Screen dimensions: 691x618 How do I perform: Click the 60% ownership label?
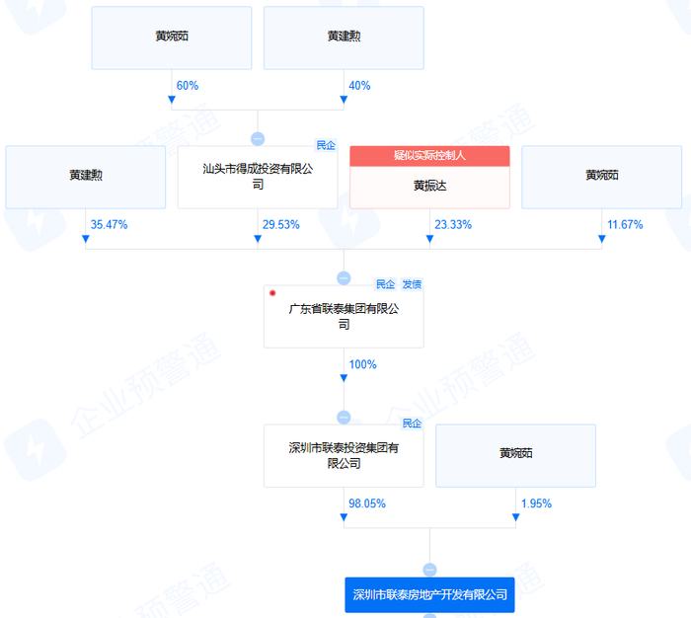188,86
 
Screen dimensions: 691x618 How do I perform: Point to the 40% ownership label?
359,86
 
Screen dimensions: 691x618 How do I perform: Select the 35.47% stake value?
109,224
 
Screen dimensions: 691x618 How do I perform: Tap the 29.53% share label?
280,224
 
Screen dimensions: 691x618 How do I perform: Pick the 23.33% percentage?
452,224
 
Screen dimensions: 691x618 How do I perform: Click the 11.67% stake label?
624,224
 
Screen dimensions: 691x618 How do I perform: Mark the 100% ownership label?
362,364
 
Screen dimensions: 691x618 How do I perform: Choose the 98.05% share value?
366,503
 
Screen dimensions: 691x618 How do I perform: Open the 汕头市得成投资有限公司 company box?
258,177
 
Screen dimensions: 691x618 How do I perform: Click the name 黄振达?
429,185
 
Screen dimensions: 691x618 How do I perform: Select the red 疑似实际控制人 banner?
429,155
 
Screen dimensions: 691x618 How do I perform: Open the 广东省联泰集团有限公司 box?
344,316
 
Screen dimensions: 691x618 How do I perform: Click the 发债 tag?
412,284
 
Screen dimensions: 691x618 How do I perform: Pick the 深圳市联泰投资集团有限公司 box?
344,455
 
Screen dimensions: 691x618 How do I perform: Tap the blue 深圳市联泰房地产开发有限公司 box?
429,594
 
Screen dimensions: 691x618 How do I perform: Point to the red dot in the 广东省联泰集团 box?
272,293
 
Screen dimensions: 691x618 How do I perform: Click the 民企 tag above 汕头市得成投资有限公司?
326,145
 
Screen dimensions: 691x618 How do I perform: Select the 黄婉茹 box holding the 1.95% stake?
515,455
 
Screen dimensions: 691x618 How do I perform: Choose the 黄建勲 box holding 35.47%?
86,177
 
